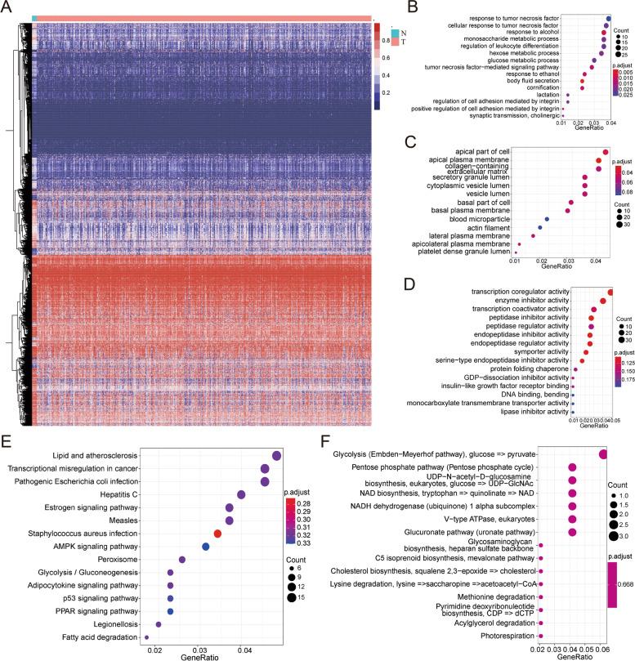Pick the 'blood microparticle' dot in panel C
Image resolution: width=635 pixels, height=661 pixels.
click(x=546, y=219)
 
